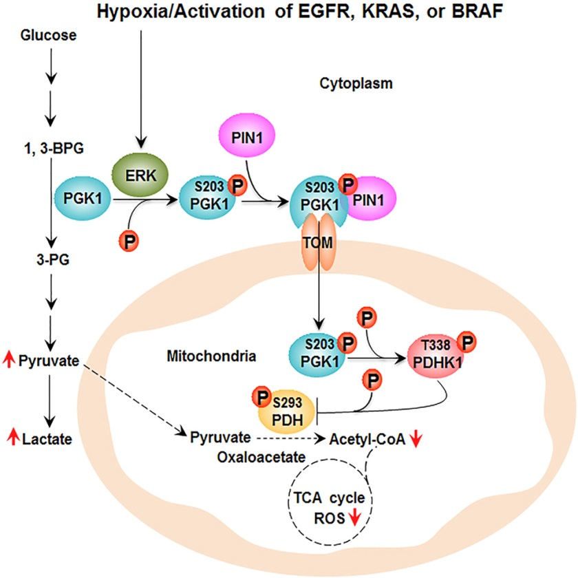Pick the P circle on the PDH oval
click(x=261, y=397)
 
